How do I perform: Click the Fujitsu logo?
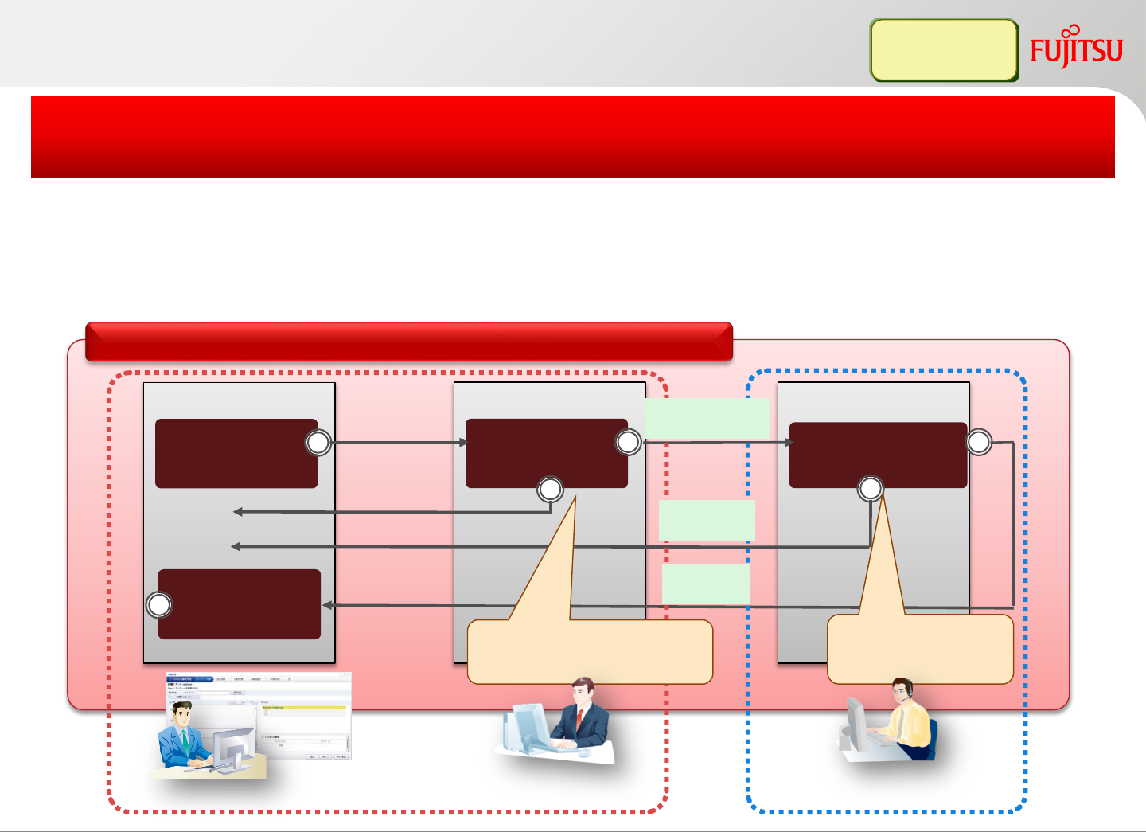[1076, 49]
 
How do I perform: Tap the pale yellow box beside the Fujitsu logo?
[944, 50]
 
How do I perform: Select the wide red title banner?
[572, 136]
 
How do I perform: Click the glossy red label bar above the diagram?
[408, 342]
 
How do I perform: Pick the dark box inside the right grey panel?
[878, 455]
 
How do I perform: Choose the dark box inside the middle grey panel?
[546, 453]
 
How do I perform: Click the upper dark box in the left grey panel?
[236, 453]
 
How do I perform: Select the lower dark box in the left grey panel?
[239, 603]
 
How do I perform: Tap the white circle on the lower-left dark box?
[159, 605]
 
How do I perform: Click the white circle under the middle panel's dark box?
[551, 490]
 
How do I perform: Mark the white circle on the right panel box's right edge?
[979, 442]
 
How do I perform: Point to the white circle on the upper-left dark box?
[318, 443]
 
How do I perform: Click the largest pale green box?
[707, 418]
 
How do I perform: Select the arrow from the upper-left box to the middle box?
[398, 443]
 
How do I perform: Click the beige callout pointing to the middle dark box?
[589, 651]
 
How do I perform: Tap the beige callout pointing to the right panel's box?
[920, 649]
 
